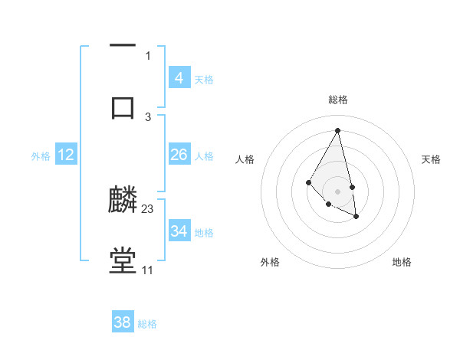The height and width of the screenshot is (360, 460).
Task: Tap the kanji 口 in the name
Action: pyautogui.click(x=123, y=106)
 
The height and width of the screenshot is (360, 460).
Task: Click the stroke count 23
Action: pyautogui.click(x=148, y=209)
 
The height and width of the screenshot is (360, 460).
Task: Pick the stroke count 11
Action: pyautogui.click(x=147, y=270)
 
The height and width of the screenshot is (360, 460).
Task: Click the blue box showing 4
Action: pyautogui.click(x=179, y=77)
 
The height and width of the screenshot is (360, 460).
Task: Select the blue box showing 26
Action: pyautogui.click(x=179, y=155)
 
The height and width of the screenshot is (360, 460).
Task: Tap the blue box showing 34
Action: pyautogui.click(x=179, y=231)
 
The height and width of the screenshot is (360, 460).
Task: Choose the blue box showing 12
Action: pyautogui.click(x=66, y=155)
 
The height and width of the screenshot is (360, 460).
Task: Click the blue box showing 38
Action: pyautogui.click(x=123, y=322)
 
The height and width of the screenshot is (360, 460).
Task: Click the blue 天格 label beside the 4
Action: pyautogui.click(x=203, y=79)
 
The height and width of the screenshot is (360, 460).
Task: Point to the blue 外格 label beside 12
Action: pyautogui.click(x=41, y=155)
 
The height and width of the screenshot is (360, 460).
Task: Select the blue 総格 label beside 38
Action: pyautogui.click(x=147, y=324)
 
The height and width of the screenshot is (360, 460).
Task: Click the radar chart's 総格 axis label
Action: pyautogui.click(x=338, y=100)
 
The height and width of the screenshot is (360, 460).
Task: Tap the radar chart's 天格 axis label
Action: pyautogui.click(x=431, y=159)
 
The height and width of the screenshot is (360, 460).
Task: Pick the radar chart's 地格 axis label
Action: pyautogui.click(x=402, y=262)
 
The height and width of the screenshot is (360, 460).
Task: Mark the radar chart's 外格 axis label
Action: pyautogui.click(x=270, y=262)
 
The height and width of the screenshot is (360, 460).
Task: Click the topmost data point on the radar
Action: pyautogui.click(x=338, y=130)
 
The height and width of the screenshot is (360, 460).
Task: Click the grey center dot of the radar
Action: pyautogui.click(x=338, y=191)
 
